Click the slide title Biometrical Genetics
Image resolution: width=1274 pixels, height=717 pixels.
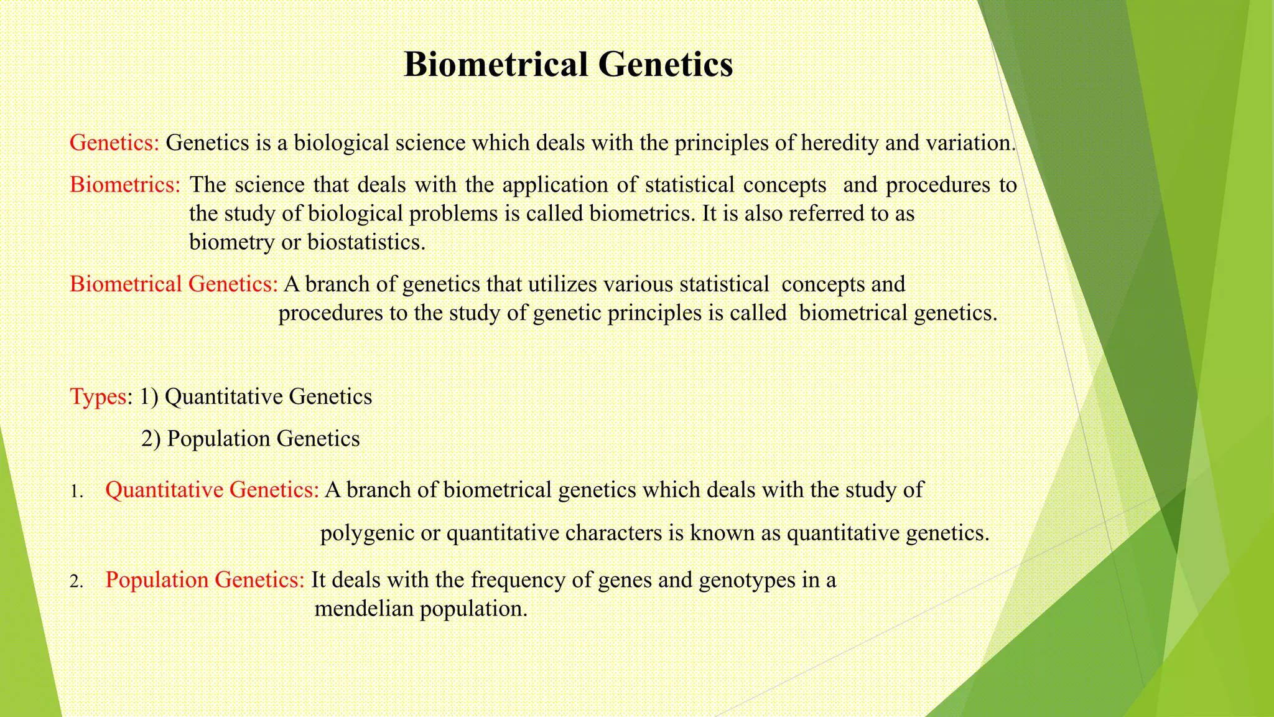pos(568,64)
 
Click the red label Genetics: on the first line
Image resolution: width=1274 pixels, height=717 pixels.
pos(114,143)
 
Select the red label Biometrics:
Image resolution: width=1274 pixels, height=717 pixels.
pos(125,185)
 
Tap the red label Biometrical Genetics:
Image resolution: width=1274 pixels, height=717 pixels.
pos(174,284)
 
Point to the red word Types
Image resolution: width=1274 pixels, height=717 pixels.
pos(98,397)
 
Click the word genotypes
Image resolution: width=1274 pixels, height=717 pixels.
pos(746,580)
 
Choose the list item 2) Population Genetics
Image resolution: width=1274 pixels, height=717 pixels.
pos(250,439)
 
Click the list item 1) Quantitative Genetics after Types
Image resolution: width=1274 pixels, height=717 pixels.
pos(256,397)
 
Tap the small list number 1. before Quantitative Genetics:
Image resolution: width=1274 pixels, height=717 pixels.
pos(76,492)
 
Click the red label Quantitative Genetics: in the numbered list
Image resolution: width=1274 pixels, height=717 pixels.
pos(212,490)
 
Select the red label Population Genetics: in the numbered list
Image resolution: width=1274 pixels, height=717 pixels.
pos(205,580)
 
